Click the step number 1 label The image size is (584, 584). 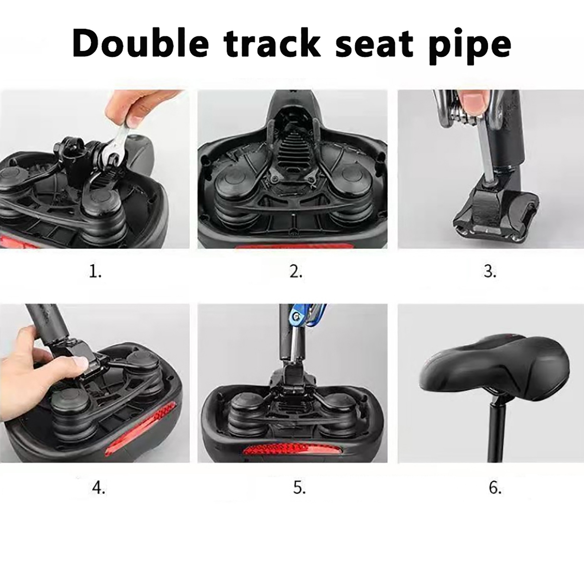[95, 272]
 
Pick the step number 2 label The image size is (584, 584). [296, 272]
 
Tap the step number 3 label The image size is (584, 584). [490, 272]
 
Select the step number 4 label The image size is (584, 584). [99, 487]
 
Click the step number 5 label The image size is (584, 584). [299, 487]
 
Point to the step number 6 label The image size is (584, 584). [495, 487]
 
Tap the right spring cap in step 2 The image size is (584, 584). [352, 188]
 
